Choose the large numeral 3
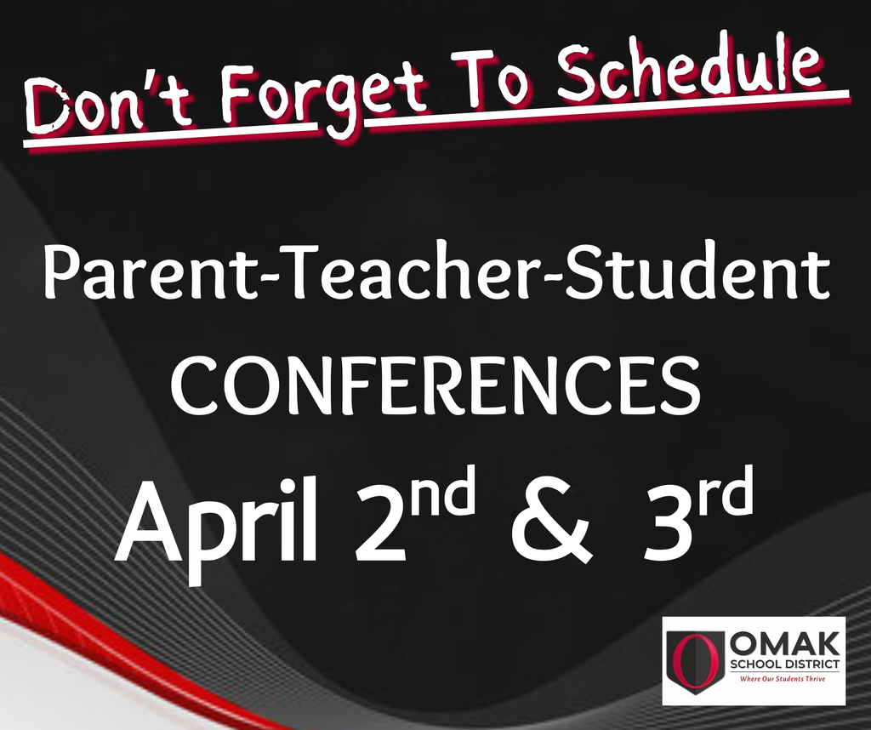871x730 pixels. (x=668, y=522)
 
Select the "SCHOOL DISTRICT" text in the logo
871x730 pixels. (x=785, y=664)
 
